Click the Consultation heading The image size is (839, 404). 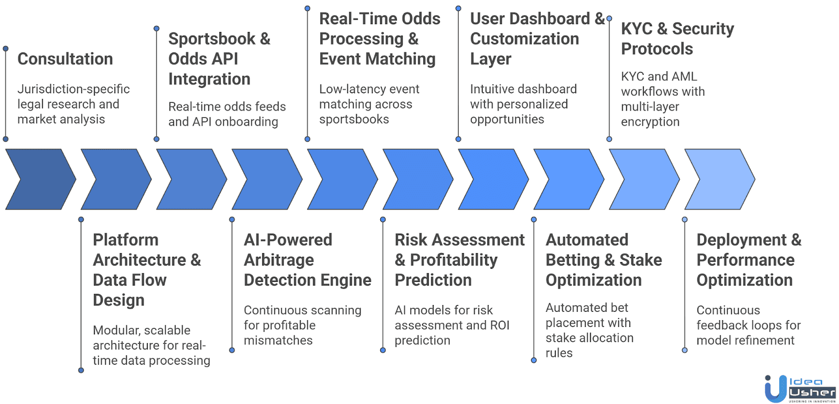(65, 59)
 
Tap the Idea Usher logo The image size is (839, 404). (800, 389)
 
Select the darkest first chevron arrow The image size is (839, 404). (40, 179)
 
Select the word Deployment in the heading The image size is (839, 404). (741, 240)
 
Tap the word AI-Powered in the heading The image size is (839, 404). (288, 240)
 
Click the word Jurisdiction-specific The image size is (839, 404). (73, 89)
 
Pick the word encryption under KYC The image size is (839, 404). (650, 122)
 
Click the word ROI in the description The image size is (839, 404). (499, 325)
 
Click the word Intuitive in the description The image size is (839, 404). (493, 89)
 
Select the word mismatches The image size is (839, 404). (278, 341)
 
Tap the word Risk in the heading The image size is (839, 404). (411, 240)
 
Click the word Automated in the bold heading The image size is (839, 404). (587, 240)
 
